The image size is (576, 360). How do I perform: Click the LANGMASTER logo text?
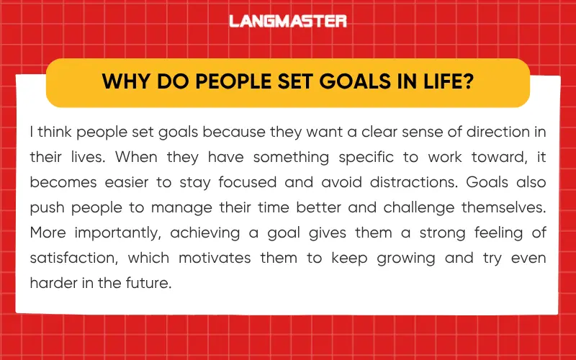tap(288, 21)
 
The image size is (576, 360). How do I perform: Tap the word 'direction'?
tap(495, 133)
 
